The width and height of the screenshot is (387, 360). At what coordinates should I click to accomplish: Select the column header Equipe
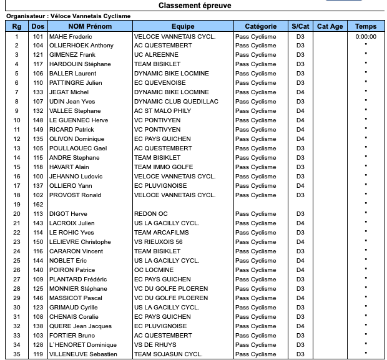pos(183,26)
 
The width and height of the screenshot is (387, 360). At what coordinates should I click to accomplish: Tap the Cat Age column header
pos(330,26)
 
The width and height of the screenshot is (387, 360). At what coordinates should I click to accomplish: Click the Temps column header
pos(366,26)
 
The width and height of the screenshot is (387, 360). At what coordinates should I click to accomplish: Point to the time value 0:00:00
pos(366,36)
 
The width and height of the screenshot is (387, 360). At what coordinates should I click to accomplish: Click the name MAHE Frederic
pos(71,36)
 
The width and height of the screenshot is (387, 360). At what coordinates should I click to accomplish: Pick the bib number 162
pos(38,205)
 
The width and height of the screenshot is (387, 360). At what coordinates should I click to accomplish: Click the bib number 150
pos(38,242)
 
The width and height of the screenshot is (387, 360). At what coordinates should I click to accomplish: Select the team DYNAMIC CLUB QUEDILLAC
pos(176,102)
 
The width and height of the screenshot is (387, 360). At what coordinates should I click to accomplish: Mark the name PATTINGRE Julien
pos(76,83)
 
